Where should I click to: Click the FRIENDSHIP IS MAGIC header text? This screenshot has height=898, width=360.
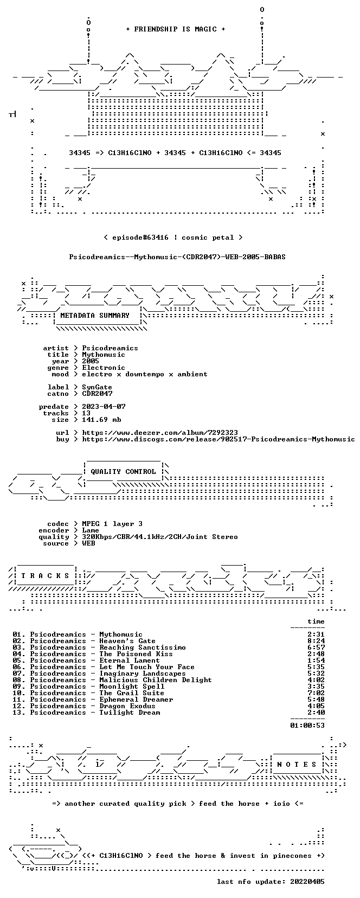[x=176, y=29]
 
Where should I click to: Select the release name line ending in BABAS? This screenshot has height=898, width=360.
[x=177, y=257]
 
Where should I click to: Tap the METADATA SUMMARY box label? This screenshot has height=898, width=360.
[x=95, y=316]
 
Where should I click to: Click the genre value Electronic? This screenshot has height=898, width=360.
[x=104, y=368]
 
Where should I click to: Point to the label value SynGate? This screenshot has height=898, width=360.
[x=97, y=387]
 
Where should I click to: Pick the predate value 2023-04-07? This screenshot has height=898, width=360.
[x=104, y=407]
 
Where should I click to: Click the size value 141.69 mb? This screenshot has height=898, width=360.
[x=101, y=420]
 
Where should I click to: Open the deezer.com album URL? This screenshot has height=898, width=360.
[x=160, y=433]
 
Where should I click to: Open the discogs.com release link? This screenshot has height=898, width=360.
[x=218, y=439]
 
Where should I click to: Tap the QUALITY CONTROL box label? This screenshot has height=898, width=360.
[x=123, y=472]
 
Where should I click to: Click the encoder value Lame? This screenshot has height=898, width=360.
[x=91, y=530]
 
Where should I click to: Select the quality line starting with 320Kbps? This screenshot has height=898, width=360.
[x=160, y=537]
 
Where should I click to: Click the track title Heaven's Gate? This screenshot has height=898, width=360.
[x=127, y=641]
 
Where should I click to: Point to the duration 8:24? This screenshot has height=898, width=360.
[x=316, y=641]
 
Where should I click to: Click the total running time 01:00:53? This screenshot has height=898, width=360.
[x=307, y=725]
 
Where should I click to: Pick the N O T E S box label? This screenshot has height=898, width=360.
[x=297, y=765]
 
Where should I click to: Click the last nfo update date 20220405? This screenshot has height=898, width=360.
[x=307, y=882]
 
